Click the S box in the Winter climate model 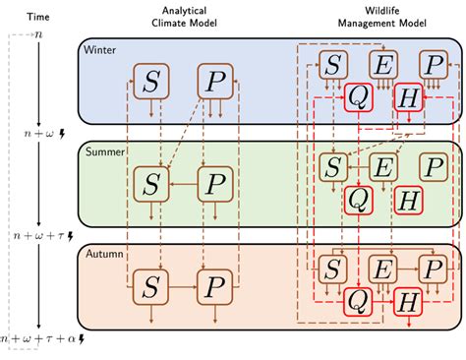click(x=151, y=82)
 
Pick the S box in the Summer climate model click(x=151, y=182)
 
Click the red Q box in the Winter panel click(x=358, y=98)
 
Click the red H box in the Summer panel click(x=408, y=200)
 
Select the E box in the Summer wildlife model click(x=382, y=167)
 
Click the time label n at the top click(x=37, y=34)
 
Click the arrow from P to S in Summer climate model click(x=183, y=182)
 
